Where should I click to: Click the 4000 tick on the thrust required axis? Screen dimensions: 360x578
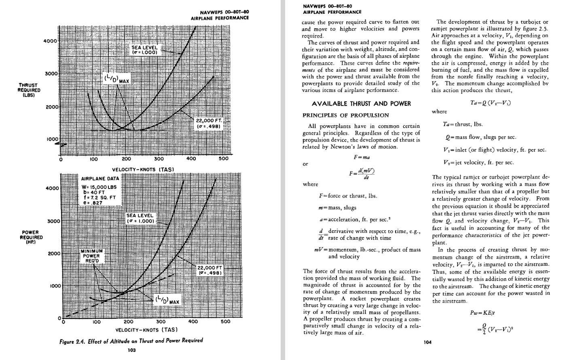coord(50,41)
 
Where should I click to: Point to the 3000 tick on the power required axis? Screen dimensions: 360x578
coord(53,221)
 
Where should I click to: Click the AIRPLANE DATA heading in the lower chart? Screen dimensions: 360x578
coord(100,178)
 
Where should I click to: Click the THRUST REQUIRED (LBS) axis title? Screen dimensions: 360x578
coord(29,90)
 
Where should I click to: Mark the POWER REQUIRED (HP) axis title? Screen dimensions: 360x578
coord(31,237)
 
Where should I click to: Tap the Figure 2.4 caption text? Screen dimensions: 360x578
coord(131,341)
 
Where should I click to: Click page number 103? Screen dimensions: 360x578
coord(131,350)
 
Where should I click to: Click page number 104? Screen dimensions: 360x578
coord(428,342)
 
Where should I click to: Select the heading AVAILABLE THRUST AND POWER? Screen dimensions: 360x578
coord(361,104)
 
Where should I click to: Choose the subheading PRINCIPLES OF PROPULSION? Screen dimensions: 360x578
coord(345,115)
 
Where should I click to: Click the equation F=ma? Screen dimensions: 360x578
coord(362,157)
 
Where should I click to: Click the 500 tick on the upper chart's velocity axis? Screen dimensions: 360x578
coord(223,159)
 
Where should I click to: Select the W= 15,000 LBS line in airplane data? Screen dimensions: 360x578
coord(99,187)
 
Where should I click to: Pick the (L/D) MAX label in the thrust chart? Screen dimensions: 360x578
coord(117,79)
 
